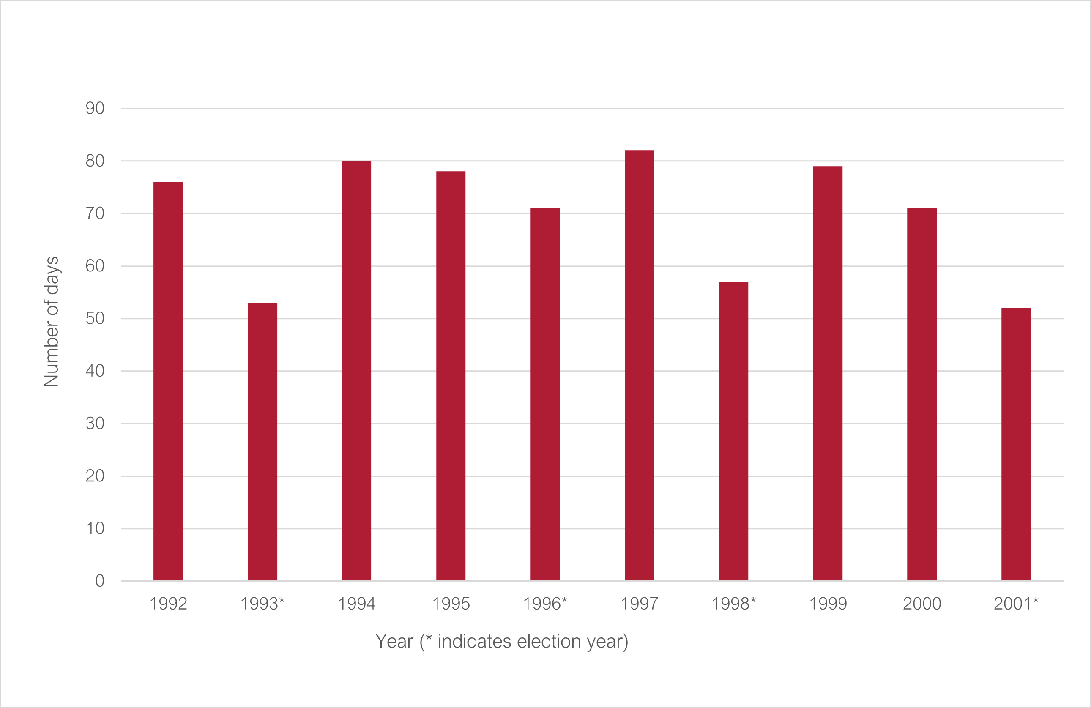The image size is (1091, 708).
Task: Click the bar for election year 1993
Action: [x=262, y=442]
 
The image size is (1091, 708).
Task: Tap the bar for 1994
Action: [x=357, y=371]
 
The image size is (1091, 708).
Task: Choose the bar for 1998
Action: [x=733, y=431]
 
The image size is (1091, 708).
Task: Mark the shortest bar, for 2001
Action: [x=1016, y=444]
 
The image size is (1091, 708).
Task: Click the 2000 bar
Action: [x=922, y=394]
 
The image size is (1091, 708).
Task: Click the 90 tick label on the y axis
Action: [x=95, y=109]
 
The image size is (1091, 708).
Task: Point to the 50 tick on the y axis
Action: [x=95, y=318]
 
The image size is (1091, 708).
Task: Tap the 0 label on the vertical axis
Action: [x=99, y=581]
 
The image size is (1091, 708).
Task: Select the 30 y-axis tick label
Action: [x=95, y=424]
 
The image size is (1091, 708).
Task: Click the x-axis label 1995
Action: [x=451, y=604]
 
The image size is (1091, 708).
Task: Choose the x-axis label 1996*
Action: [x=545, y=604]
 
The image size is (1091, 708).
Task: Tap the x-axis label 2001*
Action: [x=1016, y=604]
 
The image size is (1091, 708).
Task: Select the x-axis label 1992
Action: [x=168, y=604]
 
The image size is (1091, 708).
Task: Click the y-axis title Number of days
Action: [x=51, y=322]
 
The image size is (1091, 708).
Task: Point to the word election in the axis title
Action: [x=549, y=642]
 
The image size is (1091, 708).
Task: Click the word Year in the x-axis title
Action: [x=394, y=642]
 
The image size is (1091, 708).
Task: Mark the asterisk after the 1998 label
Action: [x=753, y=600]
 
